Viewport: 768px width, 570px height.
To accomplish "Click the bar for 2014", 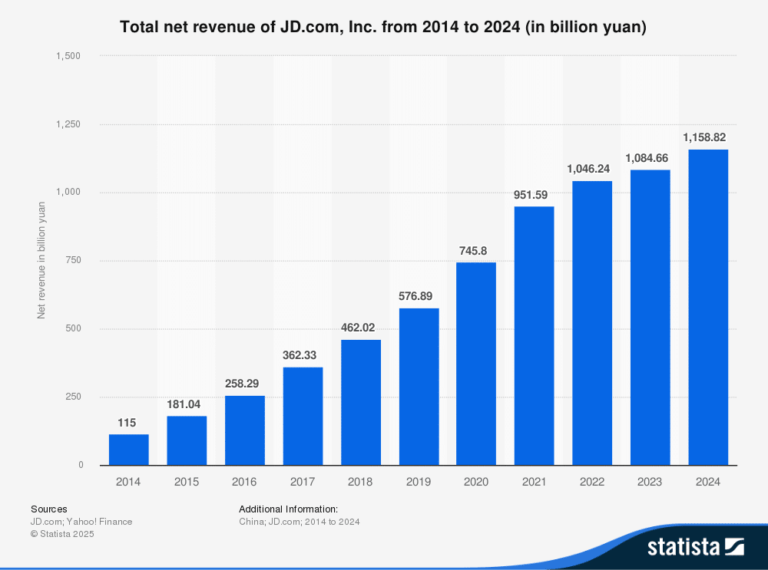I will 128,450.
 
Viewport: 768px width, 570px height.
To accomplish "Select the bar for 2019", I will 419,387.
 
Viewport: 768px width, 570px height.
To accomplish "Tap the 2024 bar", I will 708,307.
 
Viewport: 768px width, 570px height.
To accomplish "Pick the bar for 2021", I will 534,335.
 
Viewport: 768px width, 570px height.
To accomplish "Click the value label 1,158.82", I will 704,138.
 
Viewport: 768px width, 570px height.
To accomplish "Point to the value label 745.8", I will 476,251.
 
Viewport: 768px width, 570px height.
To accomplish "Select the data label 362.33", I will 303,355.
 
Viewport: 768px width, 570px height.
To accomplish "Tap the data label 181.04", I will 187,404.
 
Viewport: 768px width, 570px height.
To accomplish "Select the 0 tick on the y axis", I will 81,465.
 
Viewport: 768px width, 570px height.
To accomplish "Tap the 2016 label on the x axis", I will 244,483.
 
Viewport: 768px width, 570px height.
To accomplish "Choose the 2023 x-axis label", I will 650,483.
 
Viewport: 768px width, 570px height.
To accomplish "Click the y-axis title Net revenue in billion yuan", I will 41,260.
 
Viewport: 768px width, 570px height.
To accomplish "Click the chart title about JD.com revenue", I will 383,28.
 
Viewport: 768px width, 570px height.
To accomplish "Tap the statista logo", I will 695,546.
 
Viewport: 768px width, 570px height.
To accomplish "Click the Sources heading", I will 48,509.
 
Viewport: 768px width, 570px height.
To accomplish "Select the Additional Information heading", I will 288,509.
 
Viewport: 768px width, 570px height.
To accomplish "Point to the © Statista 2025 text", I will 62,534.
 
